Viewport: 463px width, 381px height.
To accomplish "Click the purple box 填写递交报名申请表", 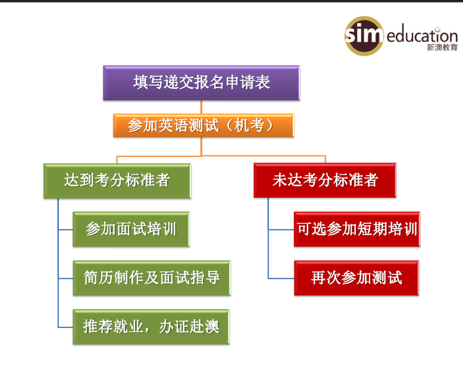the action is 201,83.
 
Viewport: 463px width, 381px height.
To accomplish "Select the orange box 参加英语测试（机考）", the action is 204,126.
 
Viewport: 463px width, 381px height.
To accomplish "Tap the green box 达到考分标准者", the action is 117,181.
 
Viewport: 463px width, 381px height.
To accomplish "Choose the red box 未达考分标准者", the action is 325,180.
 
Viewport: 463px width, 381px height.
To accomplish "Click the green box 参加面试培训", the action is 131,229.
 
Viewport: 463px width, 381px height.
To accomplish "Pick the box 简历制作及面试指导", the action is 152,278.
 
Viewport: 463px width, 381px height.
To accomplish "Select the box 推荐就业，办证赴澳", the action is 151,327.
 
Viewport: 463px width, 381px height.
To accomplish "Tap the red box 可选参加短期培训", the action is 357,229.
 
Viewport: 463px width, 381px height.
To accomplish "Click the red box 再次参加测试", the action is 356,278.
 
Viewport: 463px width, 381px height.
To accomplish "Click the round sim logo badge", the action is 364,36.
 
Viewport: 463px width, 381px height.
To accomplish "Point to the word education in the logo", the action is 422,36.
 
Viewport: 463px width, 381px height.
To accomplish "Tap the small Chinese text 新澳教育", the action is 442,47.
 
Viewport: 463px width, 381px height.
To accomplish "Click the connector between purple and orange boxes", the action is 201,107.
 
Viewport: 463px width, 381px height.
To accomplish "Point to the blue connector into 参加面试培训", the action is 65,229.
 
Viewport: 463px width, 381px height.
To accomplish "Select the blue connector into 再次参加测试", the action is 281,278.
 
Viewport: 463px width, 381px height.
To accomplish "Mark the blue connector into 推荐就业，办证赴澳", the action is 65,327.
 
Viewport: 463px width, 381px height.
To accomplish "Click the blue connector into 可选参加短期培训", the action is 281,229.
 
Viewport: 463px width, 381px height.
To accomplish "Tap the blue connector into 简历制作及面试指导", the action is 65,278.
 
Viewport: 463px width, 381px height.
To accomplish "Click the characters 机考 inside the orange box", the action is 249,125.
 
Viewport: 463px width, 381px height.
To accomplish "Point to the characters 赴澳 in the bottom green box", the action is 204,327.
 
